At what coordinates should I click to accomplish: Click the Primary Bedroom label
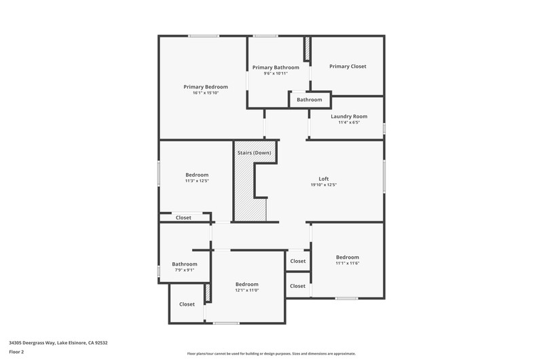206,87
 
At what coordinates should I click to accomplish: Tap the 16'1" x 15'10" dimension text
206,93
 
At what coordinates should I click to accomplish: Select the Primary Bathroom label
276,67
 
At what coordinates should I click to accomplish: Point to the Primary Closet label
348,67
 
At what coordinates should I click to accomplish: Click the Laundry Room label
349,116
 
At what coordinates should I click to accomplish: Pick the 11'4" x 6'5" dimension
349,122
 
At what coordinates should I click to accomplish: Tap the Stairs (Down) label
254,153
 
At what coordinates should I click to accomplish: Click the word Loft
324,179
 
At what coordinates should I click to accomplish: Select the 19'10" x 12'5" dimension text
324,185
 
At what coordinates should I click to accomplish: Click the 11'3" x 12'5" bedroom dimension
197,181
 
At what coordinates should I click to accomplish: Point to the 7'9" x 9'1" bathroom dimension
185,270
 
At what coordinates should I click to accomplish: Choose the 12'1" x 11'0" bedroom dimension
247,290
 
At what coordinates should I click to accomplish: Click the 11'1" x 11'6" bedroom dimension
348,264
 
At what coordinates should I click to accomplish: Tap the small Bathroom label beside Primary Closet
310,100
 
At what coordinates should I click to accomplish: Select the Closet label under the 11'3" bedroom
183,218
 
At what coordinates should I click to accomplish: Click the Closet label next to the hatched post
187,304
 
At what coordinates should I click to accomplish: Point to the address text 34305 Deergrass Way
32,343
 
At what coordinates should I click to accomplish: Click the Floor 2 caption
16,352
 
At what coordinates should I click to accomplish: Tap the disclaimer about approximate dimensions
271,354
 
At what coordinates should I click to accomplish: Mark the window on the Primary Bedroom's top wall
204,36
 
